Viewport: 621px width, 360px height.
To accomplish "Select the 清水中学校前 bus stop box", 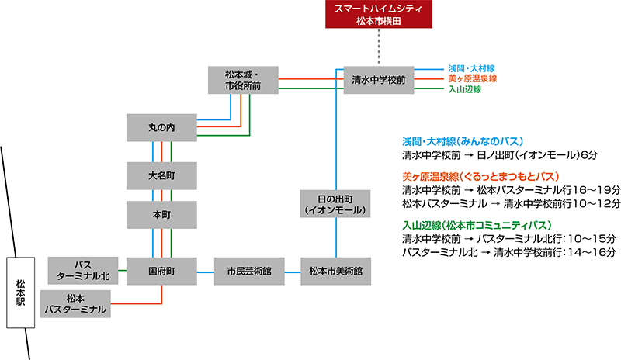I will (x=378, y=79).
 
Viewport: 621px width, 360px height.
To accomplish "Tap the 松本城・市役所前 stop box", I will (x=243, y=80).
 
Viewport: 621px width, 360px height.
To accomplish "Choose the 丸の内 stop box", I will (x=161, y=126).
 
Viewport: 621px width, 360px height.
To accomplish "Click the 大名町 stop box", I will (x=161, y=175).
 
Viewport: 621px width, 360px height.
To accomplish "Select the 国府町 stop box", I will (x=161, y=272).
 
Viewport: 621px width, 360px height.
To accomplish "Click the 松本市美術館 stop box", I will (x=335, y=272).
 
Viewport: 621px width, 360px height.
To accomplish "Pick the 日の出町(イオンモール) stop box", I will (x=335, y=204).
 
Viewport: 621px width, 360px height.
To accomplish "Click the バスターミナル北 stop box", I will (x=83, y=272).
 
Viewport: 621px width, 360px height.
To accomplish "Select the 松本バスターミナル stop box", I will (x=75, y=303).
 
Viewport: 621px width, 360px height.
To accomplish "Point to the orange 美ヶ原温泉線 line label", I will (x=472, y=79).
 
